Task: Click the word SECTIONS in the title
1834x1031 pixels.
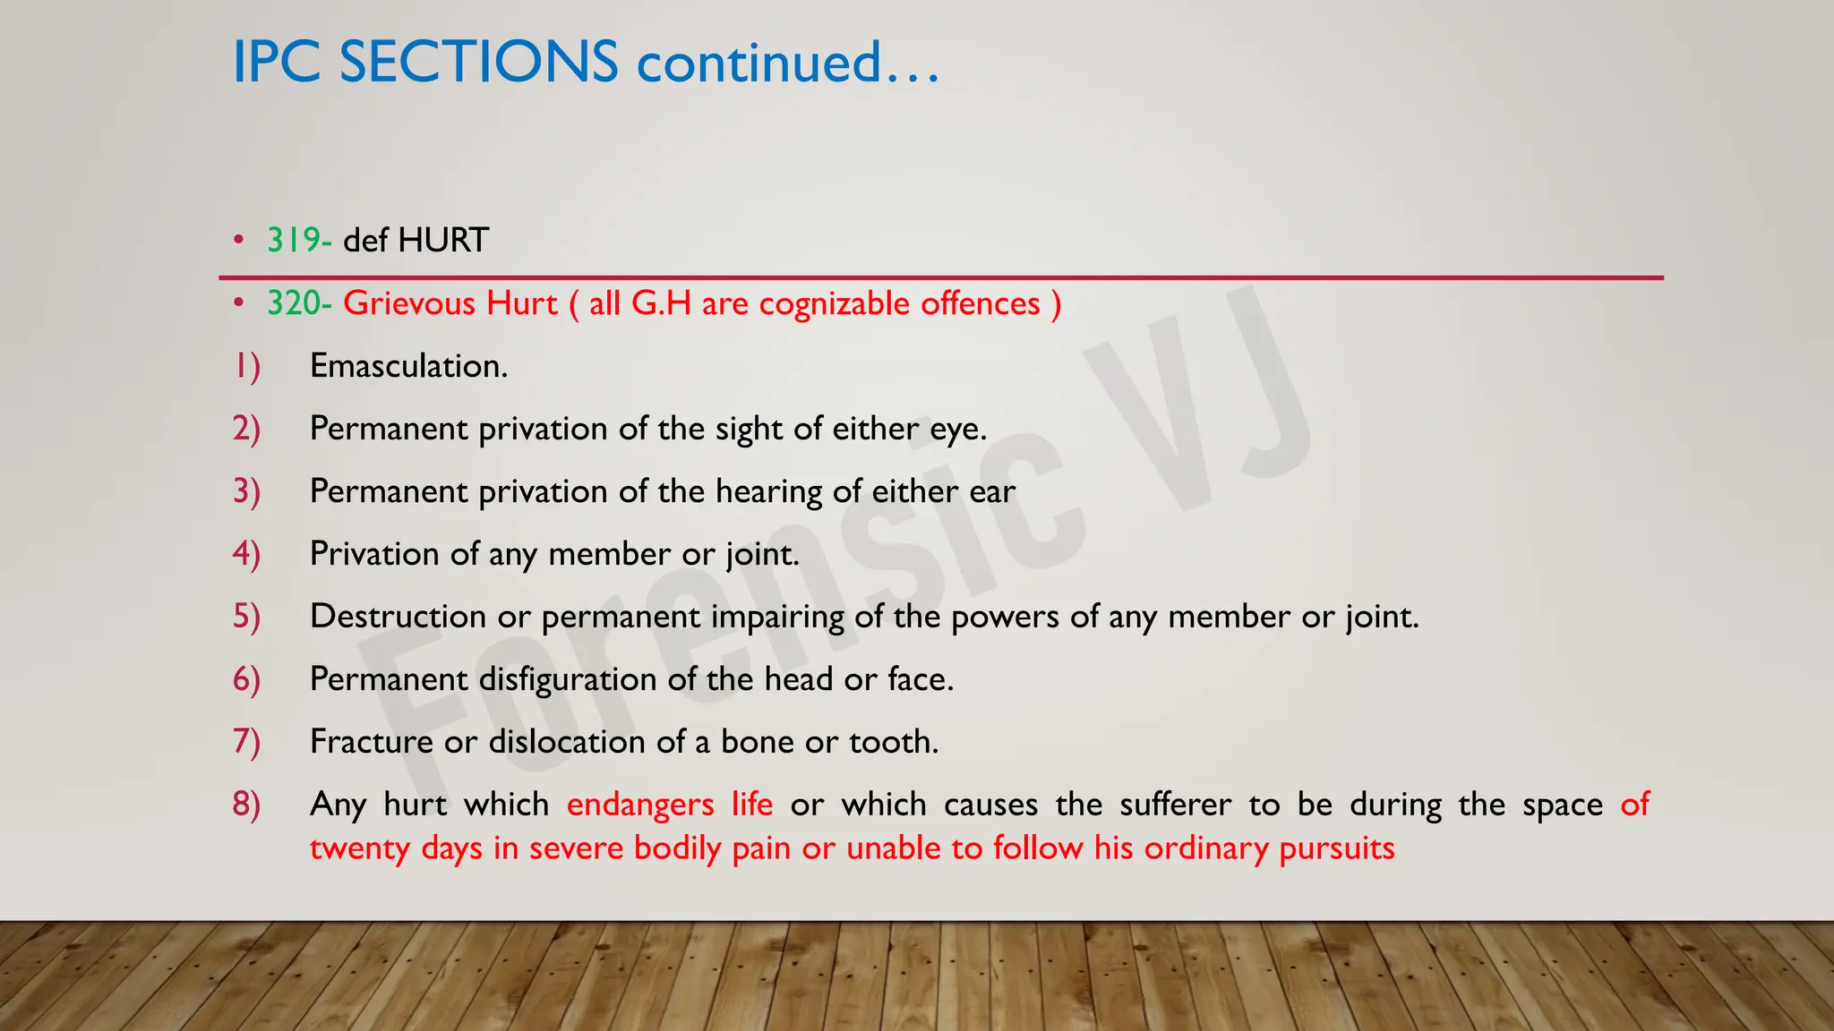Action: tap(478, 63)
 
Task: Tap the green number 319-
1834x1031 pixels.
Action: tap(299, 240)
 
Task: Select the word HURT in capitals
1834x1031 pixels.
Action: tap(443, 240)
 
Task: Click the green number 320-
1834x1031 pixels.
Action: tap(299, 303)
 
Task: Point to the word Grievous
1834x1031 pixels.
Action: tap(407, 303)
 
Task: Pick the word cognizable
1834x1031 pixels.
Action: tap(835, 303)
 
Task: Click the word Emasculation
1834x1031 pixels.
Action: tap(408, 366)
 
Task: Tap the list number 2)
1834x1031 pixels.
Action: tap(246, 429)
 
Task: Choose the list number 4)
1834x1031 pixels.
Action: tap(246, 554)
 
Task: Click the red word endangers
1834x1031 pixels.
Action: tap(640, 805)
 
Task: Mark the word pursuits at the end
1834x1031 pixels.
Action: tap(1336, 848)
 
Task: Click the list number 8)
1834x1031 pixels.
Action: tap(246, 805)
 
